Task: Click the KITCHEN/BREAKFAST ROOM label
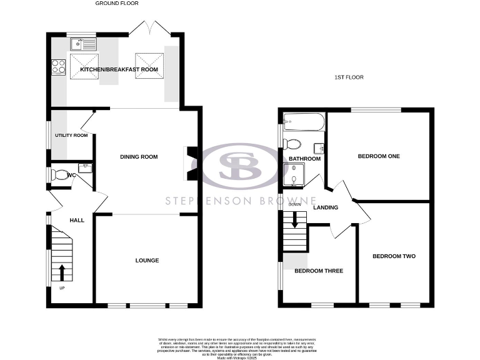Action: [119, 69]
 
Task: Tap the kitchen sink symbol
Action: [83, 44]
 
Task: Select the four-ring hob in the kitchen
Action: [57, 66]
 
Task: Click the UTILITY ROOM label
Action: [71, 135]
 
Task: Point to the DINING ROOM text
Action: [139, 157]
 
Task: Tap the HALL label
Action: [77, 220]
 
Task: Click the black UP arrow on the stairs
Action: [62, 272]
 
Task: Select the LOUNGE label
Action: [147, 260]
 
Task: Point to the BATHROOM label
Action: [304, 159]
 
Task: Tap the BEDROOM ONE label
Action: [379, 156]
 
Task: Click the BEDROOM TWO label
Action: [394, 256]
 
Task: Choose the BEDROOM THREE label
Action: [319, 271]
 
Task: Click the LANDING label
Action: [326, 207]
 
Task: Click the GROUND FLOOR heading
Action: [117, 3]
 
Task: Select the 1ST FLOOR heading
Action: [349, 77]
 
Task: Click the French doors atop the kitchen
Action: [147, 28]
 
